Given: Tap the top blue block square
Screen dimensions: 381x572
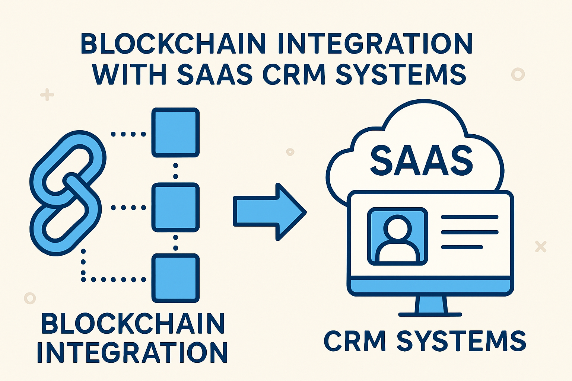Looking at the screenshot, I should (175, 133).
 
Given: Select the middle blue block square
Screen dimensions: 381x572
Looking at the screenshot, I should (175, 208).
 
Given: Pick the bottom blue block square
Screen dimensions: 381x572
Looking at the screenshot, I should (175, 278).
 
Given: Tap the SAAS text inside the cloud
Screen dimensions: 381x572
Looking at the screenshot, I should (421, 161).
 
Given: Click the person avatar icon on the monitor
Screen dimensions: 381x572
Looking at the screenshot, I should (397, 237).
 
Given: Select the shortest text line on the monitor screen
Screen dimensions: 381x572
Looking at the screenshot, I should (462, 247).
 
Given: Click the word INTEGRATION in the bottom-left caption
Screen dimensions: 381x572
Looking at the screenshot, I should (132, 352).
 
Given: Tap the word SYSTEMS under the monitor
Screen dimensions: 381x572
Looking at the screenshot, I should (461, 340).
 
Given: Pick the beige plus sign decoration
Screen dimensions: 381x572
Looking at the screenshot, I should (47, 95).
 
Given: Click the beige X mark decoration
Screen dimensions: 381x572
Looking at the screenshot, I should (541, 246).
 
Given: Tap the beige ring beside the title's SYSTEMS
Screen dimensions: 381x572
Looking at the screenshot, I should (518, 74).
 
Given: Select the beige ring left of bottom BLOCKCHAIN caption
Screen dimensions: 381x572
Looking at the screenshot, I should (30, 298).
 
